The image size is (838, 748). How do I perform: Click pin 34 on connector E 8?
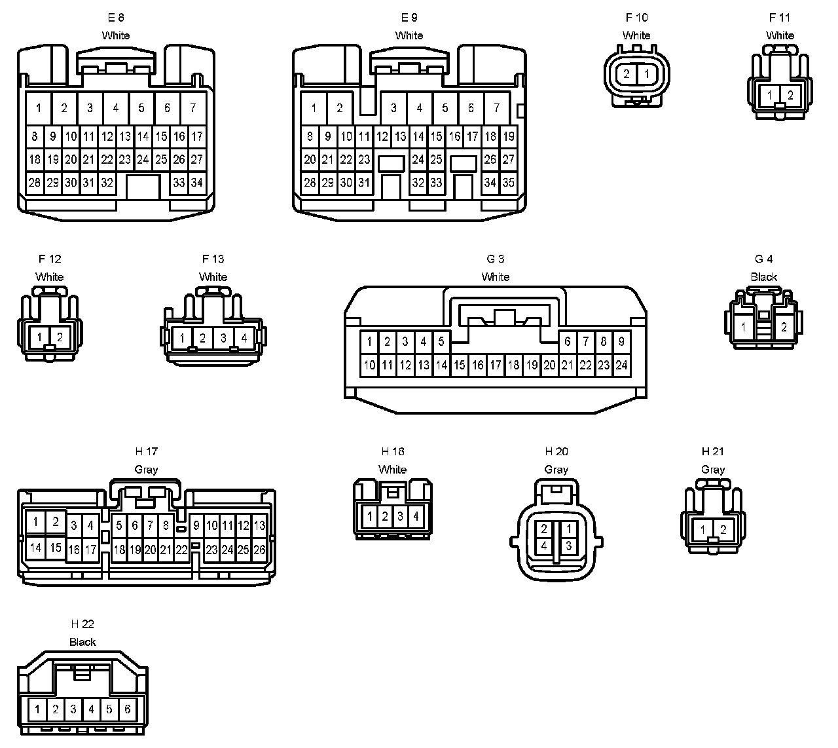click(196, 183)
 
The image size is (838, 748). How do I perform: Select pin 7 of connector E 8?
click(192, 108)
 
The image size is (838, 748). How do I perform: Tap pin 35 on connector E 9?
click(508, 183)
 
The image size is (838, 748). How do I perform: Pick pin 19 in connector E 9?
click(508, 137)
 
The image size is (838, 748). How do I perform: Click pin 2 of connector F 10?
click(627, 74)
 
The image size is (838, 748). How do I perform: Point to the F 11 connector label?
click(780, 18)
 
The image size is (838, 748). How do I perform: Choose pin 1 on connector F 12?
click(40, 337)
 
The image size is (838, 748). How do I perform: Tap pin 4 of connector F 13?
click(244, 338)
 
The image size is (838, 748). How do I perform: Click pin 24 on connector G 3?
click(621, 365)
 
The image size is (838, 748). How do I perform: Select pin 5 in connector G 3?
click(441, 341)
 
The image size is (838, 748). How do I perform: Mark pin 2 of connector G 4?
click(784, 327)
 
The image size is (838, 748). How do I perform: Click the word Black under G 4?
click(763, 277)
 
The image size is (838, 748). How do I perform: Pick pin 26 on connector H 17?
click(259, 550)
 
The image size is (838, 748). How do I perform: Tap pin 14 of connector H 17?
click(35, 548)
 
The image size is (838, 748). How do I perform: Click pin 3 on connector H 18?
click(401, 516)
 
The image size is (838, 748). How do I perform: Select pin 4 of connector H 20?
click(544, 545)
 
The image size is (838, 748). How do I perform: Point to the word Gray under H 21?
click(712, 470)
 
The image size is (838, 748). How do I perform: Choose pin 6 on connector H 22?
click(127, 709)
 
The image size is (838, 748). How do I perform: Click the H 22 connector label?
click(82, 624)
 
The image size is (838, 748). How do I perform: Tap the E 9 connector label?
click(409, 18)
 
